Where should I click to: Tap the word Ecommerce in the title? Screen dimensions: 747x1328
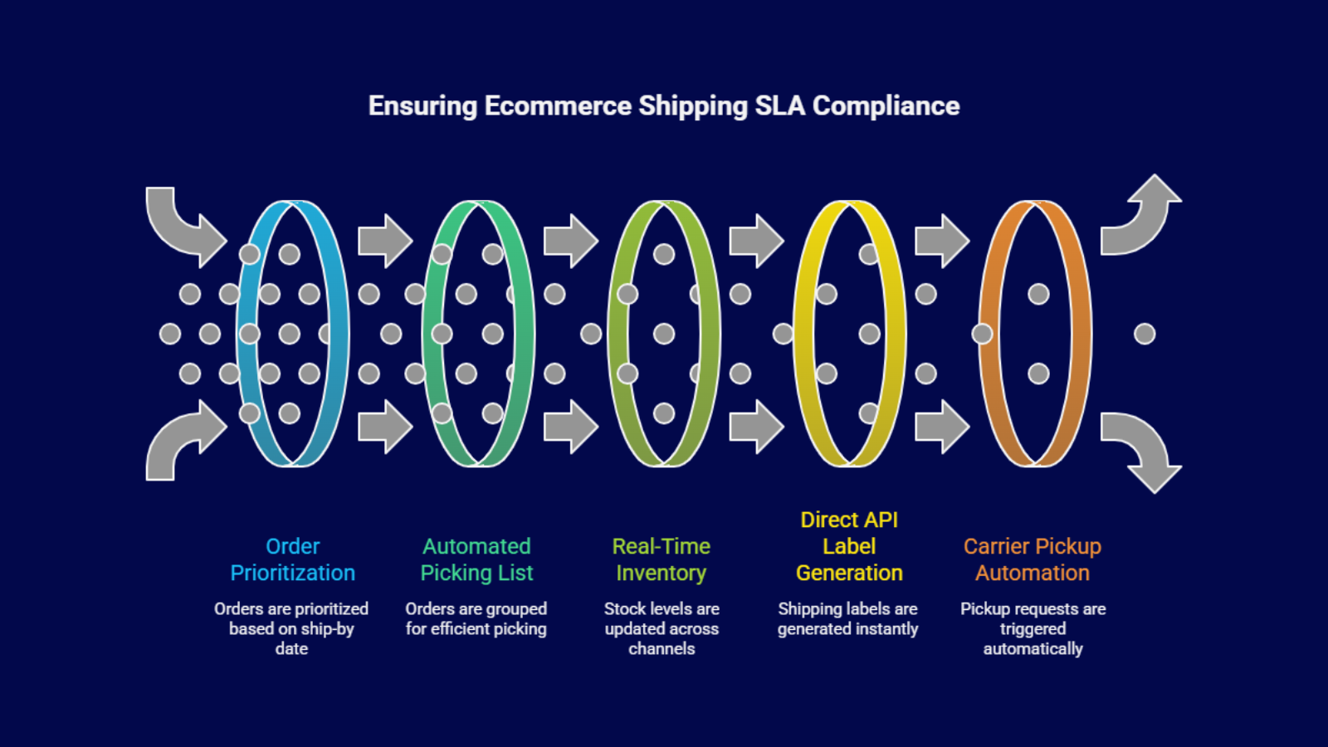pyautogui.click(x=558, y=106)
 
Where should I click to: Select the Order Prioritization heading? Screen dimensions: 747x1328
pyautogui.click(x=292, y=559)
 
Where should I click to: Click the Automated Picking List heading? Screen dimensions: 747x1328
pyautogui.click(x=476, y=559)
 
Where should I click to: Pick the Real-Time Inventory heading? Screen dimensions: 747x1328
pyautogui.click(x=661, y=559)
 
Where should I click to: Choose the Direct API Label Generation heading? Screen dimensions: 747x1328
pyautogui.click(x=848, y=546)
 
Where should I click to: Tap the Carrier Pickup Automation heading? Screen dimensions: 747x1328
pyautogui.click(x=1032, y=559)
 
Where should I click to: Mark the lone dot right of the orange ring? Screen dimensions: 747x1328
pyautogui.click(x=1145, y=334)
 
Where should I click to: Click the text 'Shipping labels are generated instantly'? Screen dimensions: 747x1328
pyautogui.click(x=847, y=619)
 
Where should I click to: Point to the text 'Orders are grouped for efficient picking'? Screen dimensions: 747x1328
pyautogui.click(x=476, y=619)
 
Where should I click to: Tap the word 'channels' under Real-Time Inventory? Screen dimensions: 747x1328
pyautogui.click(x=662, y=649)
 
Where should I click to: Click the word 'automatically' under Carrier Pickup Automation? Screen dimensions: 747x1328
pyautogui.click(x=1033, y=649)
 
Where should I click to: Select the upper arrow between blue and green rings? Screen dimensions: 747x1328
pyautogui.click(x=384, y=241)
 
